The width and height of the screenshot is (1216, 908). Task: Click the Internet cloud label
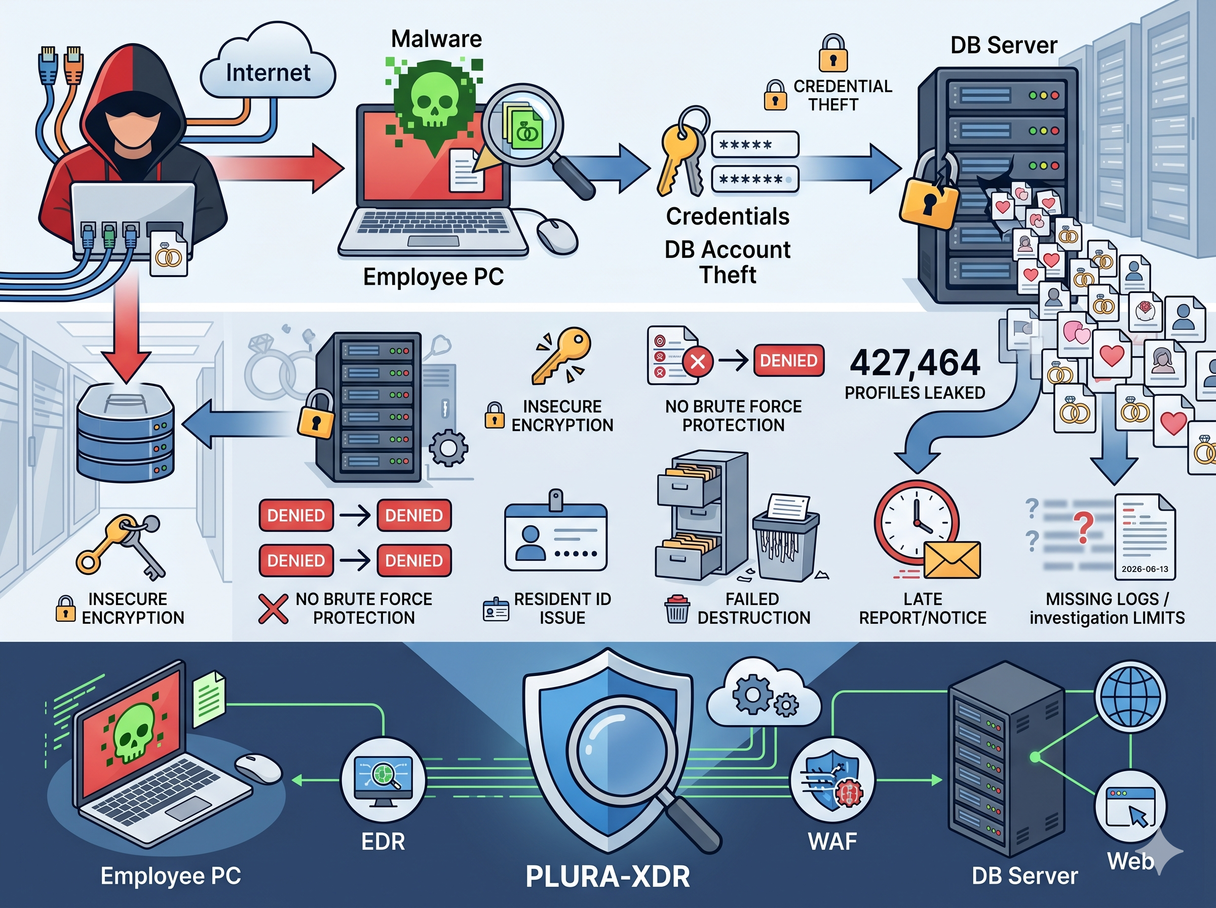(268, 72)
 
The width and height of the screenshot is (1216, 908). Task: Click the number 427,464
(915, 362)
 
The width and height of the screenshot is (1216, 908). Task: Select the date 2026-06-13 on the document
(1145, 569)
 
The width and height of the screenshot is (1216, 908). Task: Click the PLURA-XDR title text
(607, 876)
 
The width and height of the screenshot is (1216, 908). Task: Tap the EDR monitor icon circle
(384, 780)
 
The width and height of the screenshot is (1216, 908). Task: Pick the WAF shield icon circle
(832, 780)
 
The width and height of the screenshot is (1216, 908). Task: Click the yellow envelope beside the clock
(952, 559)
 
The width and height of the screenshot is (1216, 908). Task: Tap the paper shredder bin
(786, 547)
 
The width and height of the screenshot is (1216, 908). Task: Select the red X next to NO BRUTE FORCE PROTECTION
(273, 609)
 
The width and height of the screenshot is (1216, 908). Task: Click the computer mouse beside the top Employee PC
(557, 236)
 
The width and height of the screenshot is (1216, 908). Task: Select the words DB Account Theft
(728, 262)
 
